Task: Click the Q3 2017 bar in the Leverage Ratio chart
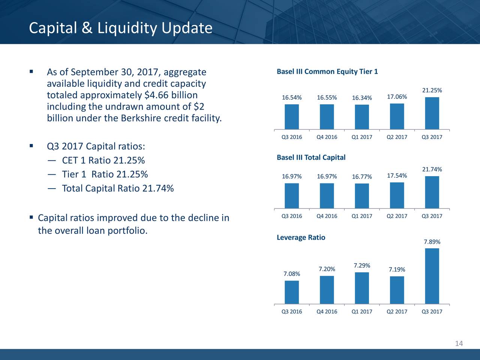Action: (x=432, y=276)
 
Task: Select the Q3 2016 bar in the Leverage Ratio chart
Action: (x=292, y=292)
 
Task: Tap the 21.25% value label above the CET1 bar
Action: (x=432, y=90)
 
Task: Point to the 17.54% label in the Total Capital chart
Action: (x=397, y=176)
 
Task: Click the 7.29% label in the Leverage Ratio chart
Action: (x=362, y=266)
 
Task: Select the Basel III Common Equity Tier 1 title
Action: (x=327, y=72)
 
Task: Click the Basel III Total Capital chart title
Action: (x=311, y=157)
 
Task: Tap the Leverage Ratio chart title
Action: (x=301, y=237)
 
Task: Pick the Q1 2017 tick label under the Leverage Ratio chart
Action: (x=362, y=312)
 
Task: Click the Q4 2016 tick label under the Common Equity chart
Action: (x=327, y=137)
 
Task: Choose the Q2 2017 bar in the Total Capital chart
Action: (x=397, y=195)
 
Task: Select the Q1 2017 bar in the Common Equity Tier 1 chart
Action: (x=362, y=117)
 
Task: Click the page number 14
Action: (x=459, y=343)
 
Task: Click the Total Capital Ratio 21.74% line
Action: (x=118, y=188)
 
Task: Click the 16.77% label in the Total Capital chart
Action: (x=362, y=177)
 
